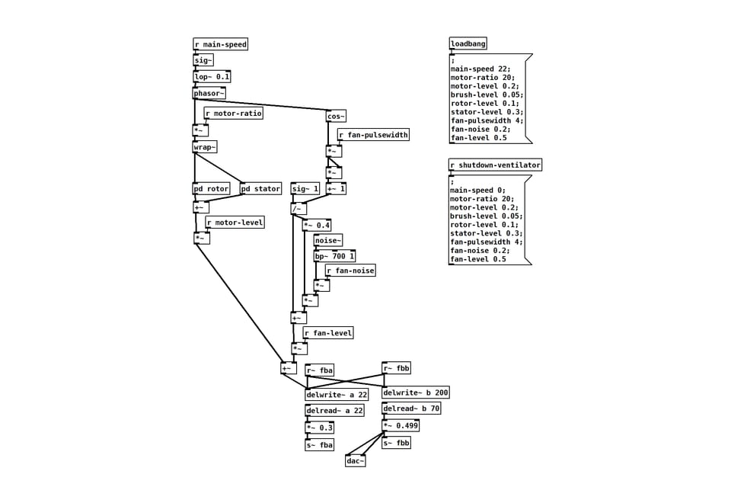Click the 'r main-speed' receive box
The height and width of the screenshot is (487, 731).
coord(220,44)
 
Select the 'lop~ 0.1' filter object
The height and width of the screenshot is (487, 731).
coord(212,76)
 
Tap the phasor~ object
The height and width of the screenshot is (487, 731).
coord(209,93)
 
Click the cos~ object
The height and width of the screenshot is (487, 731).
coord(336,116)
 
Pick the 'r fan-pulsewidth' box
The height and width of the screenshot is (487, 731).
coord(373,135)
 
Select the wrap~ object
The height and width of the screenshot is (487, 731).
coord(204,146)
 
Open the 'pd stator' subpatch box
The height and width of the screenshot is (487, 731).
coord(260,188)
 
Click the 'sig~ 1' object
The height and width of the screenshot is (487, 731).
coord(305,188)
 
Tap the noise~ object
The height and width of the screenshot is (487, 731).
coord(328,241)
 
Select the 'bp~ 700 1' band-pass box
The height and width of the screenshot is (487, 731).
coord(334,256)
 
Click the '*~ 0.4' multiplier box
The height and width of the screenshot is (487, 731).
coord(317,225)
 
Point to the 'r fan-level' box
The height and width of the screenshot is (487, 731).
coord(328,333)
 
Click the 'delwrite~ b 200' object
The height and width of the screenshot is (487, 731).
coord(416,393)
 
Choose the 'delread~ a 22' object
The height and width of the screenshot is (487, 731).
coord(334,411)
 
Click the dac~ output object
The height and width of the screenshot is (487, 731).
coord(355,460)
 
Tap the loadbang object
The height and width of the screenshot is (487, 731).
coord(468,44)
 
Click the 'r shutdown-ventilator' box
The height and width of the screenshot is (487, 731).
coord(495,165)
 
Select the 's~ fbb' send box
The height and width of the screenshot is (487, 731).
coord(396,443)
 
